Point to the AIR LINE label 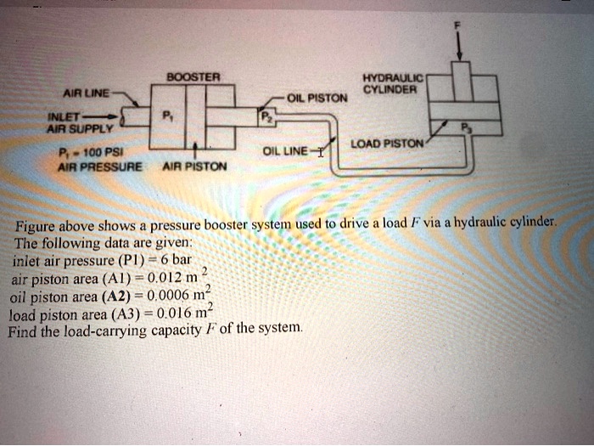(x=87, y=93)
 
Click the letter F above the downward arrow (x=458, y=27)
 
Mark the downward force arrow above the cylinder (x=458, y=48)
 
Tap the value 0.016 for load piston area (x=172, y=313)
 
